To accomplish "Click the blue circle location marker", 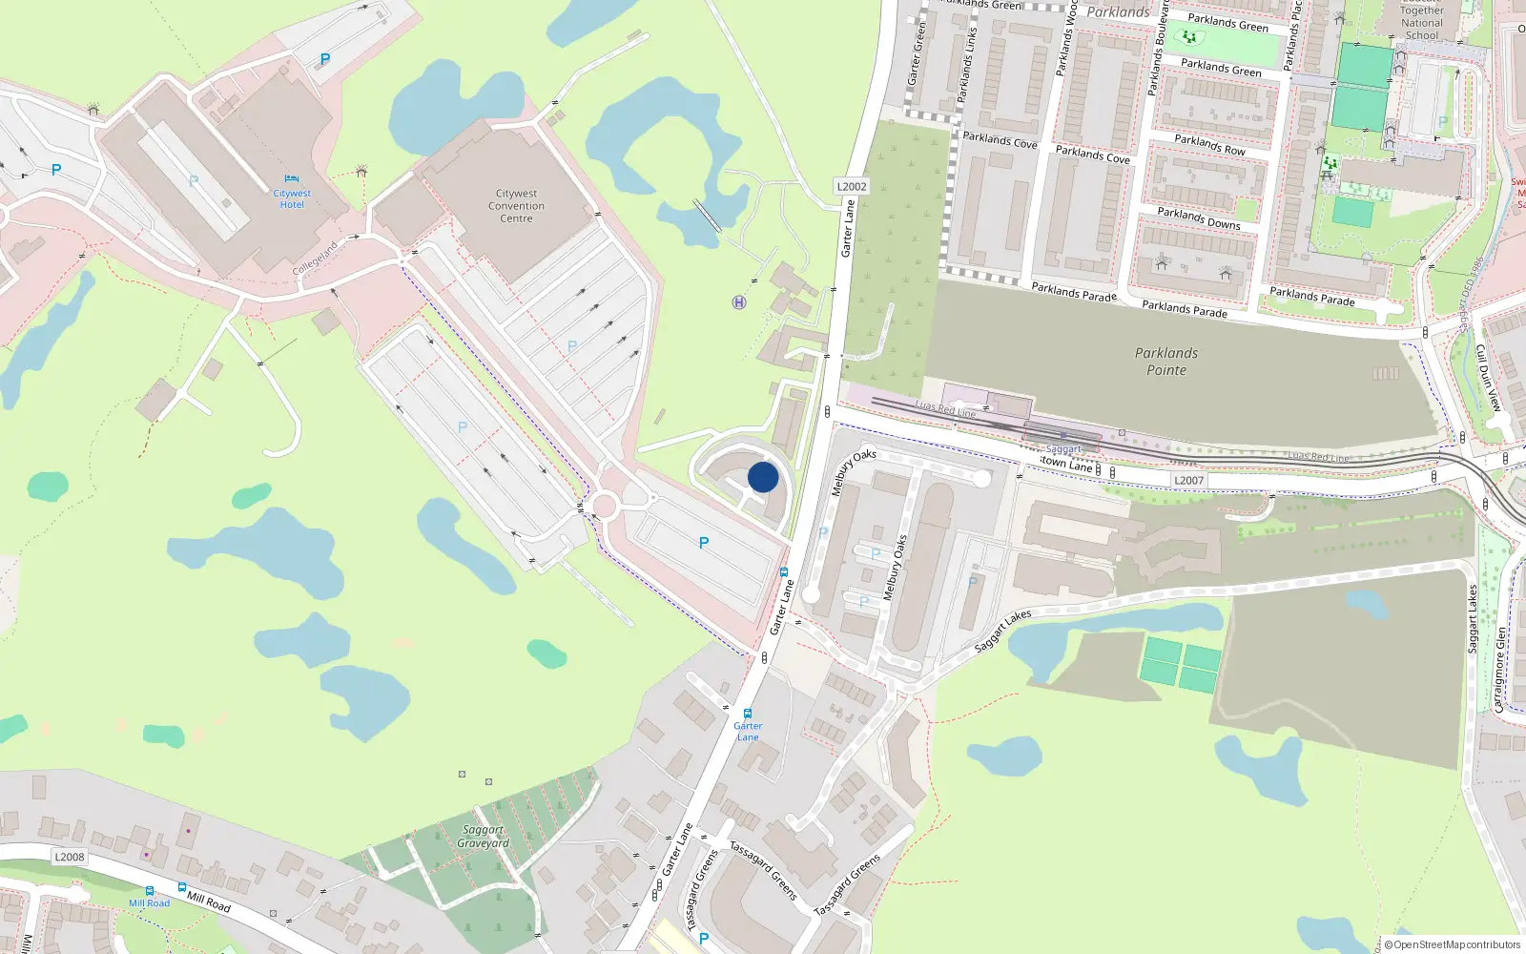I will click(763, 477).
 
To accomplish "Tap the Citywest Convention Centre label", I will click(516, 206).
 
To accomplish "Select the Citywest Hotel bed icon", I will click(292, 178).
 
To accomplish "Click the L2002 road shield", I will click(852, 186).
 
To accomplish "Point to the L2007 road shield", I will click(1188, 481).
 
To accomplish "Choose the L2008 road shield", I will click(70, 857).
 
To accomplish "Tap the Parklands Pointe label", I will click(1166, 362).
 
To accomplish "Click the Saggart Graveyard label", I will click(484, 837).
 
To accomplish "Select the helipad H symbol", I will click(738, 302).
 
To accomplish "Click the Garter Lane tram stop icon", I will click(748, 714).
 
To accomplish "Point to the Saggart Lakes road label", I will click(1002, 631).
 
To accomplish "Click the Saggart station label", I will click(1063, 449).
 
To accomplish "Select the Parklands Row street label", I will click(1209, 145).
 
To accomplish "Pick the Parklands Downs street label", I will click(1199, 218).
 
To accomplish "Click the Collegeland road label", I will click(315, 259).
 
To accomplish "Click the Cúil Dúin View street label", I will click(1488, 378).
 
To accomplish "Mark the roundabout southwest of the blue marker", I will click(604, 505).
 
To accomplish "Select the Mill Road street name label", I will click(208, 902).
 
